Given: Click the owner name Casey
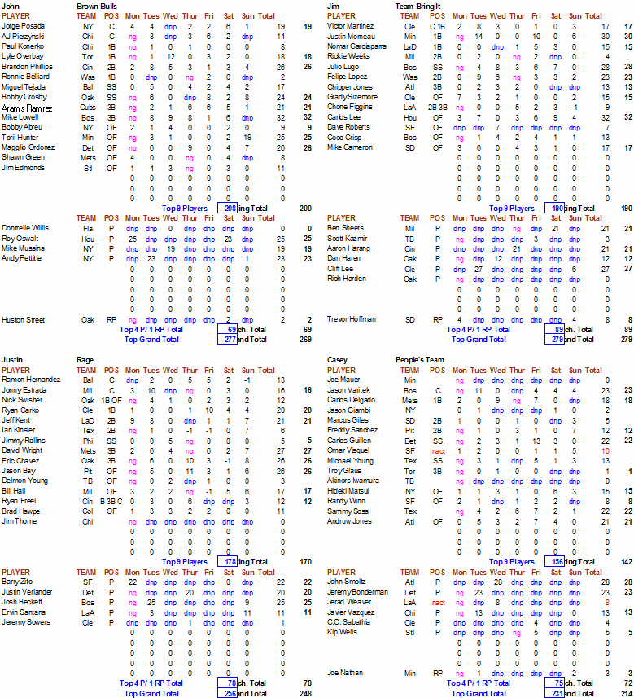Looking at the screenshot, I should click(x=337, y=359).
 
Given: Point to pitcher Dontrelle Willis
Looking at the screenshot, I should click(x=24, y=228).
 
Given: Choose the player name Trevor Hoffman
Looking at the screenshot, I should click(x=352, y=319).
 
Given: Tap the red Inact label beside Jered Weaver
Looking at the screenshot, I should click(x=437, y=602).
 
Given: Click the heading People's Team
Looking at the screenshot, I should click(x=421, y=359).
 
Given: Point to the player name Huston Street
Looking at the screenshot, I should click(x=23, y=319).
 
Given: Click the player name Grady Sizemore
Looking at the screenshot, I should click(x=352, y=97).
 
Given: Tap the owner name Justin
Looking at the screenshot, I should click(x=12, y=359).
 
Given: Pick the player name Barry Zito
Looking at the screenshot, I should click(x=16, y=582).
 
